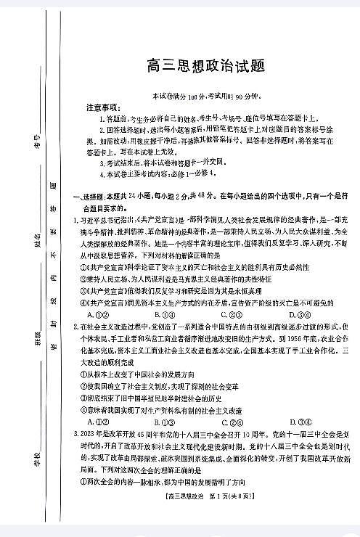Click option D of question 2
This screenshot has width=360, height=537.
297,421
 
